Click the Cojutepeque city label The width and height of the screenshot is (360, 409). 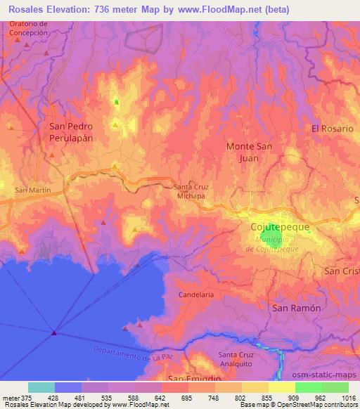[280, 228]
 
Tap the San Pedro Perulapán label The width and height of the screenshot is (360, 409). [70, 133]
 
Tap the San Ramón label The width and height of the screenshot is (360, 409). [296, 309]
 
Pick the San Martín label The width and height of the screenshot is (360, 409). [30, 190]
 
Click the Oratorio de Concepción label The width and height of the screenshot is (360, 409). [30, 28]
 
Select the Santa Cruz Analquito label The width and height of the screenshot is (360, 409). [237, 358]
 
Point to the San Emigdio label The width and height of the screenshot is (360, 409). [186, 379]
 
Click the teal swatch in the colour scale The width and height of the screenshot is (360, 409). [41, 387]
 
